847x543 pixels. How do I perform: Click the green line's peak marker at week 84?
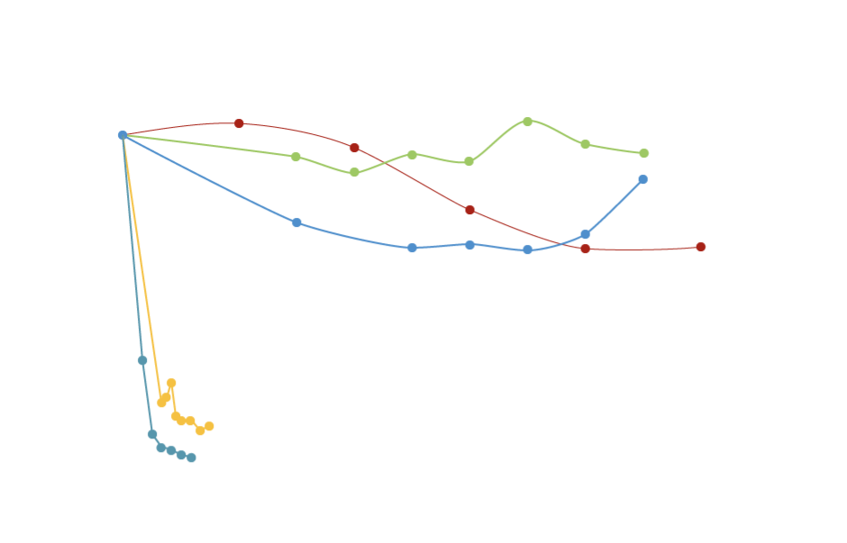(x=527, y=121)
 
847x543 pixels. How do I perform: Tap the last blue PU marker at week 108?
(x=642, y=180)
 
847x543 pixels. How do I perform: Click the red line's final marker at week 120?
(x=700, y=247)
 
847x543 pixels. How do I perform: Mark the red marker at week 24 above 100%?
(x=239, y=123)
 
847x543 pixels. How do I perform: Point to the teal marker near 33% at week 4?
(x=142, y=360)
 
